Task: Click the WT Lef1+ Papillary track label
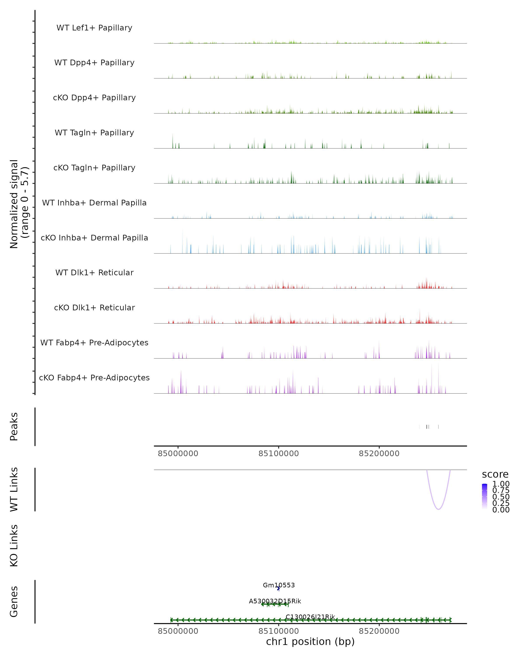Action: click(x=94, y=28)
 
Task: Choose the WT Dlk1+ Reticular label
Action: click(x=94, y=272)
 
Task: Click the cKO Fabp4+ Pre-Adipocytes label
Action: click(x=94, y=378)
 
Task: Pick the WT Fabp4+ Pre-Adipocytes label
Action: click(x=94, y=343)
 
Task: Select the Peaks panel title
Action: click(x=14, y=426)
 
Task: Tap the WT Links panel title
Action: click(x=14, y=489)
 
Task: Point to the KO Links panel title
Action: click(x=14, y=546)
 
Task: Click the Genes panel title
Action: click(x=14, y=602)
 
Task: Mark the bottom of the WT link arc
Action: click(x=438, y=509)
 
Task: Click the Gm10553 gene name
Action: click(x=279, y=585)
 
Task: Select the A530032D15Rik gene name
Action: click(x=275, y=601)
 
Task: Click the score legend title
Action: click(x=495, y=475)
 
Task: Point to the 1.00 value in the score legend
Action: click(x=501, y=484)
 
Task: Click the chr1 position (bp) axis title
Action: click(x=310, y=641)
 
